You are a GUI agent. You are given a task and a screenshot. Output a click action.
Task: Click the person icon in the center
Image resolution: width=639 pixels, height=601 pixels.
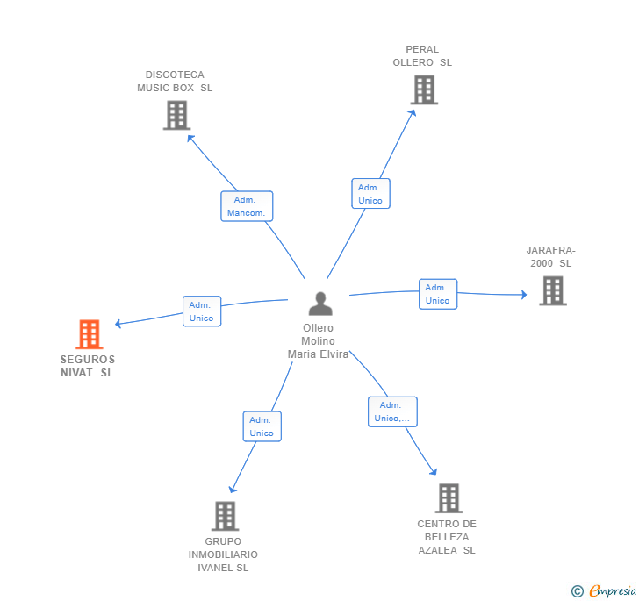tap(320, 304)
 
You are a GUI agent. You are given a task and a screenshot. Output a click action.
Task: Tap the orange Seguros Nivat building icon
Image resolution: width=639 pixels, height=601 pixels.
tap(89, 334)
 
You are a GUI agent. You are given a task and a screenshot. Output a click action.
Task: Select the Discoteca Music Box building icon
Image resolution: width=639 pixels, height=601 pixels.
tap(176, 115)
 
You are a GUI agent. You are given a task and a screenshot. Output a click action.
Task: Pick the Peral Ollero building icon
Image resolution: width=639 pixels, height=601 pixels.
tap(424, 89)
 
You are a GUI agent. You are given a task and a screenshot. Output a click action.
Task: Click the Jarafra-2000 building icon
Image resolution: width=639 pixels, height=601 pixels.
tap(552, 290)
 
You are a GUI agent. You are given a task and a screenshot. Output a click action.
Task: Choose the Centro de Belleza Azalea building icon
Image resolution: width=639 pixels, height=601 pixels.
tap(449, 498)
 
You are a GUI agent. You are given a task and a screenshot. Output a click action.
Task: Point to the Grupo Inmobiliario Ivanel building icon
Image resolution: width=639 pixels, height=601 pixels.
tap(225, 516)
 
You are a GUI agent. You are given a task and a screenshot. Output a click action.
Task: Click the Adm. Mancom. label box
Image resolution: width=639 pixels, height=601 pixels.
tap(247, 206)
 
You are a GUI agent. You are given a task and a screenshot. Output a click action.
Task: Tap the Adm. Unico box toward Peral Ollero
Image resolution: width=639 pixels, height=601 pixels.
tap(370, 194)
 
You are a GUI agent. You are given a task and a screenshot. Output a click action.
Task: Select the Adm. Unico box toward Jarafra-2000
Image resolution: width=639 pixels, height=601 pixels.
tap(437, 294)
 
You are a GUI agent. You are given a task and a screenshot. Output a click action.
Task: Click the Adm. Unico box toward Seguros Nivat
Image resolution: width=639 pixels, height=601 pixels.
tap(202, 311)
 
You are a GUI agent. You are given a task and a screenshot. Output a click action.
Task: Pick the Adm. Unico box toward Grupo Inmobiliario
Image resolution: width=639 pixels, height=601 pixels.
tap(262, 426)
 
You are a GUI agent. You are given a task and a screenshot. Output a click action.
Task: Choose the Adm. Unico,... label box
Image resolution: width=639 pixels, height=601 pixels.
tap(392, 411)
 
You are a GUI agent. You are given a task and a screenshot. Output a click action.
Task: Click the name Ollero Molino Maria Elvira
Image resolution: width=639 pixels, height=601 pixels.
tap(318, 341)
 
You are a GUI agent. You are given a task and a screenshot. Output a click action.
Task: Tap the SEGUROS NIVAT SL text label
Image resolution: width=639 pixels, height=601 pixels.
tap(87, 366)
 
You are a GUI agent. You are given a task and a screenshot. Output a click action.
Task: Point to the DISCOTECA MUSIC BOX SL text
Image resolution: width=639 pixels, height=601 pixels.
tap(175, 82)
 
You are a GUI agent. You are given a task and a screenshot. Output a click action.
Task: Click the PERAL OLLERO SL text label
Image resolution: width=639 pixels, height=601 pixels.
tap(422, 56)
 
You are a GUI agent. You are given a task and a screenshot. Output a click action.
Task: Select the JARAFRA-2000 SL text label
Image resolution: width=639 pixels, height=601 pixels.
tap(550, 256)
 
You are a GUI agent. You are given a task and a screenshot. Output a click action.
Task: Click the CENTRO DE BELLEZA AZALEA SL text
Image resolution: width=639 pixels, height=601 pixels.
tap(446, 537)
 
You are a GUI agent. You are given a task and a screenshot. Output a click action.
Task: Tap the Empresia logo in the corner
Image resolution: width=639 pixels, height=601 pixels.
tap(604, 590)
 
